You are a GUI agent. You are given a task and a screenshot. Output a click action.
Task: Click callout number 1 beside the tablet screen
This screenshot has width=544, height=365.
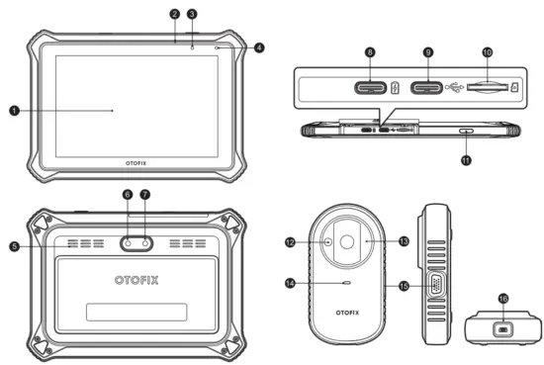pos(14,111)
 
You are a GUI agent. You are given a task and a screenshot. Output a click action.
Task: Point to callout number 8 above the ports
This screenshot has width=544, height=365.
pos(368,50)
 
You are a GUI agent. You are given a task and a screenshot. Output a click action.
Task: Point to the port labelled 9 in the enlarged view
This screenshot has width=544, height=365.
pos(428,88)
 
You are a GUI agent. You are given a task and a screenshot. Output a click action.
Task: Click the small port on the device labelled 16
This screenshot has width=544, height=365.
pos(501,329)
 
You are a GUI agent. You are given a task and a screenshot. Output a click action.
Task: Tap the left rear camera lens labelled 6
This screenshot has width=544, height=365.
pos(130,241)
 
